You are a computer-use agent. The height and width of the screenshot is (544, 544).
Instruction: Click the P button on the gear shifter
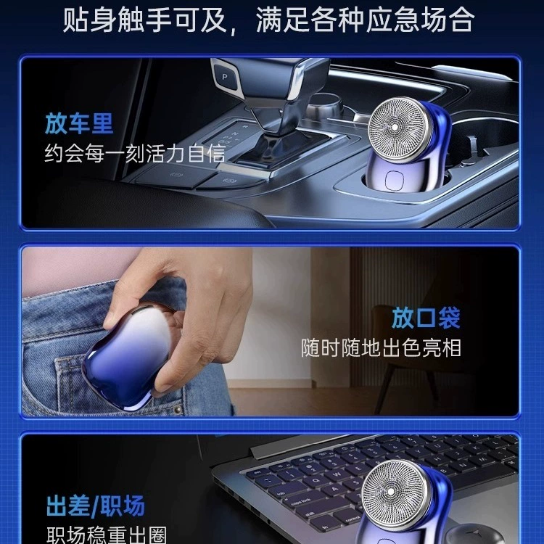225,77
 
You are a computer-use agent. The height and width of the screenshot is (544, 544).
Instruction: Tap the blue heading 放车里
79,123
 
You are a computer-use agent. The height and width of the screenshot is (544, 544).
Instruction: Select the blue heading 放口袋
426,318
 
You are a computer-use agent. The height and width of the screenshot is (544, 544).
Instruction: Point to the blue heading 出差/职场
96,506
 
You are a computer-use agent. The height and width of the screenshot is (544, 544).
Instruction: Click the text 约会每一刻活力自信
136,153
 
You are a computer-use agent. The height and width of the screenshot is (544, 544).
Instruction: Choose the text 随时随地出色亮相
381,347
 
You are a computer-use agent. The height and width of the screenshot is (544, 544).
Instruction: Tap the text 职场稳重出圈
107,535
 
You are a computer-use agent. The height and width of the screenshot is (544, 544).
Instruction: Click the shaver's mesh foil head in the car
399,129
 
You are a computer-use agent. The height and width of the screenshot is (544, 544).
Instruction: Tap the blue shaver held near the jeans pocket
129,357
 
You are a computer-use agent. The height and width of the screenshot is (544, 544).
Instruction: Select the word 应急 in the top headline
393,20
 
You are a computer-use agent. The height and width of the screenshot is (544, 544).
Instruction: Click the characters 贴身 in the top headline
89,20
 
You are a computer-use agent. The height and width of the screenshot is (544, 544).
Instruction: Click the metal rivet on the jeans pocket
178,410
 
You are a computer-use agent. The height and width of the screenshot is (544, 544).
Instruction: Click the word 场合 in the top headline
448,20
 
